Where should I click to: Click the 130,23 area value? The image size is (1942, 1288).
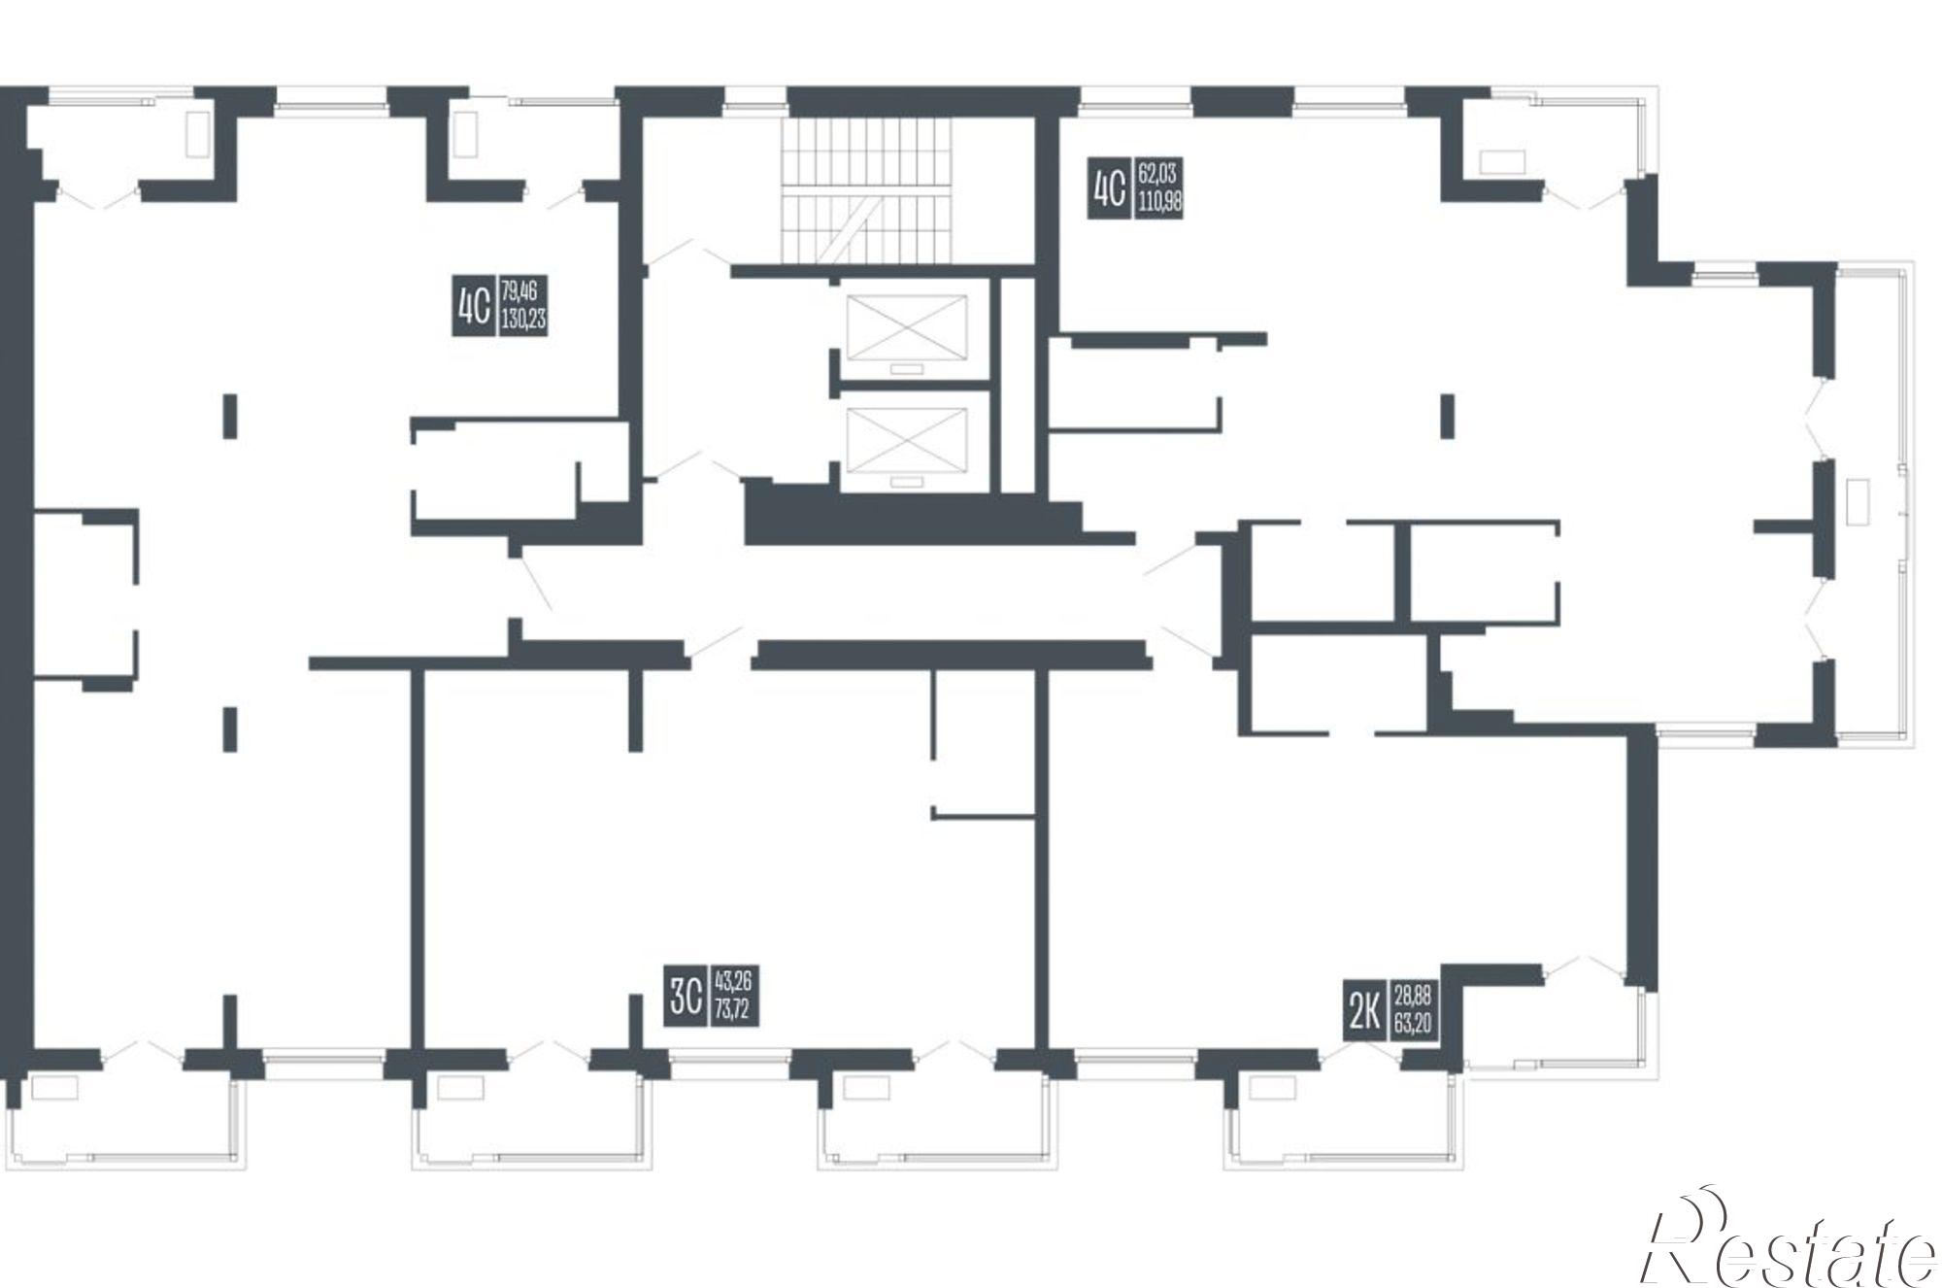(523, 319)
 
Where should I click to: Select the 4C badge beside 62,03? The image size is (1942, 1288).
(1109, 190)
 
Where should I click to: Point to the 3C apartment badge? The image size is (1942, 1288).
(686, 996)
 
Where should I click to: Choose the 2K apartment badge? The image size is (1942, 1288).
(1365, 1010)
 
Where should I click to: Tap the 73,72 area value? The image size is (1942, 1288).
(732, 1010)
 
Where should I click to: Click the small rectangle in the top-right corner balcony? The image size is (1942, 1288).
(1501, 161)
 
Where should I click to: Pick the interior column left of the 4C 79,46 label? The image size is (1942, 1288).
(229, 416)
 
